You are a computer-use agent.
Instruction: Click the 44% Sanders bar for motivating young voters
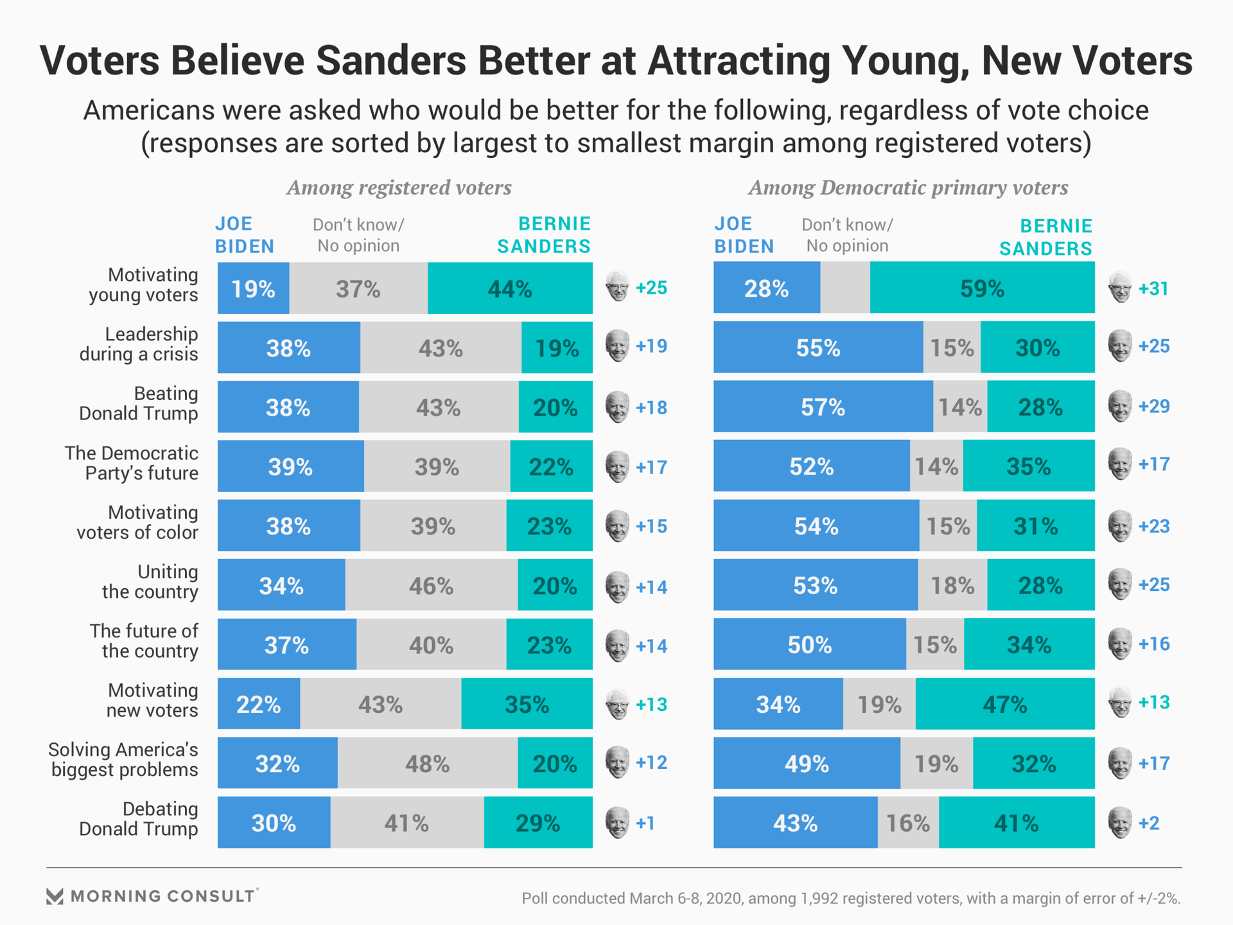(x=510, y=288)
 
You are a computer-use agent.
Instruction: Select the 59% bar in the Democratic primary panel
(x=982, y=288)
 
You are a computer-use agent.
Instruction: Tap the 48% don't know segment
(x=427, y=763)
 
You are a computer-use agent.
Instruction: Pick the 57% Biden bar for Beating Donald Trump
(x=823, y=407)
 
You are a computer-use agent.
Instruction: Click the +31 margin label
(x=1153, y=288)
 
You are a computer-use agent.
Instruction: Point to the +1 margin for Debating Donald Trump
(x=645, y=823)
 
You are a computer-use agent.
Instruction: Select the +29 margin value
(x=1153, y=407)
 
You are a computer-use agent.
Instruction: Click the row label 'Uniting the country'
(x=150, y=582)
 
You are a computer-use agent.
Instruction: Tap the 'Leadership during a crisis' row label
(x=139, y=344)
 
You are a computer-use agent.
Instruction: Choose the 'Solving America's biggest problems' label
(x=124, y=760)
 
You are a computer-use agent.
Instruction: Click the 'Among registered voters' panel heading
(x=399, y=188)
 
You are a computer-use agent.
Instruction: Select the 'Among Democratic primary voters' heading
(x=908, y=188)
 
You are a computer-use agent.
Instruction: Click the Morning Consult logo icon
(x=55, y=897)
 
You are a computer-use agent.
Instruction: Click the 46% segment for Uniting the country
(x=431, y=585)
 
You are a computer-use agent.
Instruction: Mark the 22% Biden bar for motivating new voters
(x=259, y=704)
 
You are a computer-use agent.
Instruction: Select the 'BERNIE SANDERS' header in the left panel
(x=544, y=235)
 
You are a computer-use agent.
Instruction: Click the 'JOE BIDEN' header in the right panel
(x=744, y=235)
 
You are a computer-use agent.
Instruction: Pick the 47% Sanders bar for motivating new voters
(x=1005, y=704)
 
